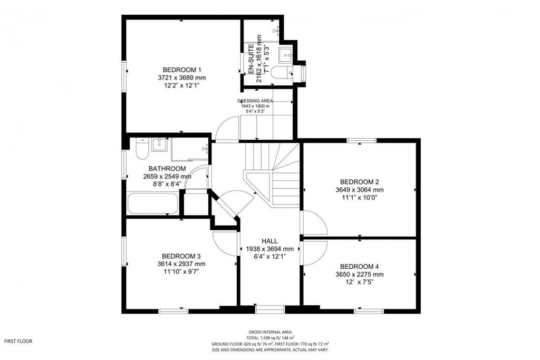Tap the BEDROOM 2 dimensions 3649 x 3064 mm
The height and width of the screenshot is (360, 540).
[x=360, y=190]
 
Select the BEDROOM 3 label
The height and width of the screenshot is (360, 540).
[x=181, y=256]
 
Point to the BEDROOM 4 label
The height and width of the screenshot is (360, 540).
[x=360, y=266]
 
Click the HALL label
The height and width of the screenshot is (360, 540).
[x=269, y=241]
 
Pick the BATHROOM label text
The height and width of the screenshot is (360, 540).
[x=167, y=169]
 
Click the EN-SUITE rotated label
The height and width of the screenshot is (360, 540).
[x=251, y=59]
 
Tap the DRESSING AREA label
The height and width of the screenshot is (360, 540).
[x=255, y=101]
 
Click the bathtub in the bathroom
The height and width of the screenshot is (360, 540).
[x=152, y=203]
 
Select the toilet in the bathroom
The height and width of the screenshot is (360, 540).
[x=142, y=149]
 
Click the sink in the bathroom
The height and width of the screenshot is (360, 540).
[x=159, y=144]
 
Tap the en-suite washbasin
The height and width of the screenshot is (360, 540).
[x=285, y=55]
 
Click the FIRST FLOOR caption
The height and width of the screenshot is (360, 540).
[x=18, y=342]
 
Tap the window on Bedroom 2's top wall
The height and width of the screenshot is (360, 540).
[x=361, y=140]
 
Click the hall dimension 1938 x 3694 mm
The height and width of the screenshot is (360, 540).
[x=269, y=249]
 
